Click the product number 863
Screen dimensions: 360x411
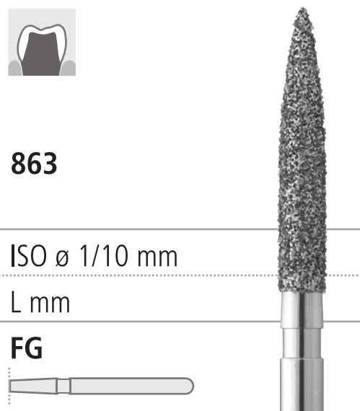click(x=34, y=163)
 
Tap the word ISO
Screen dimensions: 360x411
click(x=29, y=256)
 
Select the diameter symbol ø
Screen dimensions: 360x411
click(x=62, y=257)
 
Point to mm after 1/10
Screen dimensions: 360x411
click(x=157, y=258)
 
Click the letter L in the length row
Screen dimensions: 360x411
click(x=15, y=302)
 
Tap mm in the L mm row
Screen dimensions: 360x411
click(x=50, y=304)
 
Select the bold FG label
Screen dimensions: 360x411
click(x=27, y=348)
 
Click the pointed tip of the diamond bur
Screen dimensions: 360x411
click(x=303, y=9)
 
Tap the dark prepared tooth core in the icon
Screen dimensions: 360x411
click(x=42, y=54)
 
